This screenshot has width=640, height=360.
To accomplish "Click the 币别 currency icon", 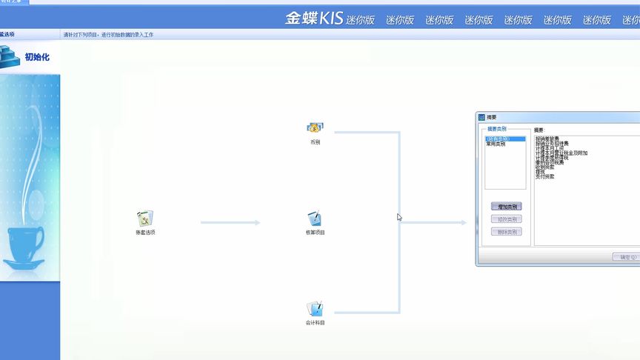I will [x=315, y=128].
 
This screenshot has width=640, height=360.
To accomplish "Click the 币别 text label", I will [x=315, y=142].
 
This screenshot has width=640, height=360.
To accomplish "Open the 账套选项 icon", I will [x=145, y=219].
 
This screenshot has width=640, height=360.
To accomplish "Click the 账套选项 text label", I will [x=145, y=233].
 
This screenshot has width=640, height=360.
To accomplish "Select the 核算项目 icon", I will [x=315, y=219].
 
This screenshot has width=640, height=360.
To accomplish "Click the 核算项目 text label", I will [x=315, y=233].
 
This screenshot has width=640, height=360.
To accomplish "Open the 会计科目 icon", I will [x=315, y=308].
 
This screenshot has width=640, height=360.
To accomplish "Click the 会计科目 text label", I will [x=315, y=323].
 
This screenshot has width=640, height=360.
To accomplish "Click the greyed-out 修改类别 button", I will [x=507, y=219].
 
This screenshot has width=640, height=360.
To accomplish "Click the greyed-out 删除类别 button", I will [x=507, y=232].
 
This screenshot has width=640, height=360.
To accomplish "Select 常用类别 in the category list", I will [x=496, y=144].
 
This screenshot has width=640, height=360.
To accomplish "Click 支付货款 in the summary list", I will [x=544, y=176].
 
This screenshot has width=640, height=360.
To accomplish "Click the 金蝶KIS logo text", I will [x=314, y=19].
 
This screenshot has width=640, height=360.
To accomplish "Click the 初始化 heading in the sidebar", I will [x=37, y=57].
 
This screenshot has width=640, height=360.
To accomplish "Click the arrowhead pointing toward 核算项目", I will [x=257, y=222].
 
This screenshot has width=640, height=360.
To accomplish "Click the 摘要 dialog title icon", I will [x=481, y=117].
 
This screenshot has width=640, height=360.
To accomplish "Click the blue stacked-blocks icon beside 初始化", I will [x=10, y=56].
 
